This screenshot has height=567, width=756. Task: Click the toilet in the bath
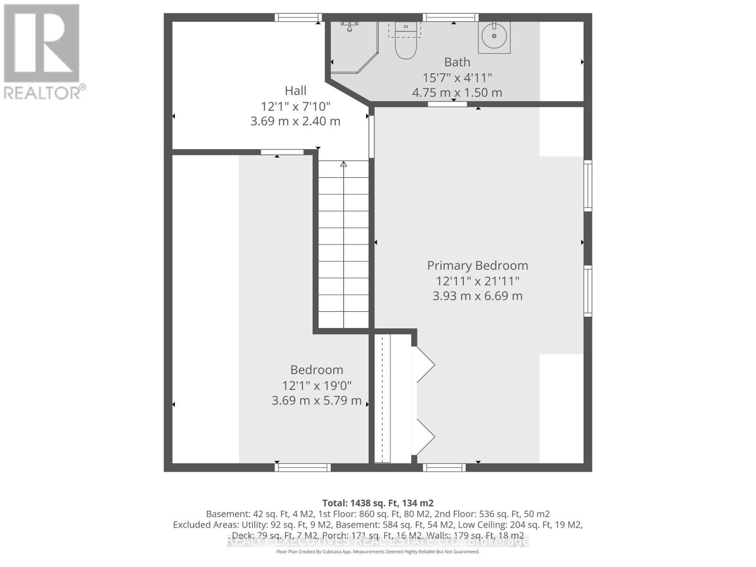click(406, 44)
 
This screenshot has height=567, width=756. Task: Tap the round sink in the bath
click(494, 36)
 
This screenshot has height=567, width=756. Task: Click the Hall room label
click(295, 90)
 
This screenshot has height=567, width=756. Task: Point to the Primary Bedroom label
click(477, 266)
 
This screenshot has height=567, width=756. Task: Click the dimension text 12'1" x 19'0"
click(317, 385)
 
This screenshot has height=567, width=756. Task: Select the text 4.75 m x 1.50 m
click(457, 93)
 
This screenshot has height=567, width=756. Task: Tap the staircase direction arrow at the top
click(344, 164)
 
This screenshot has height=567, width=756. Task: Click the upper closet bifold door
click(424, 364)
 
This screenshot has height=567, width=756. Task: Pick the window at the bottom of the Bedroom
click(303, 467)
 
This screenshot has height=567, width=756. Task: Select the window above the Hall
click(298, 17)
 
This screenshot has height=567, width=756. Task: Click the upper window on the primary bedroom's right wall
click(588, 186)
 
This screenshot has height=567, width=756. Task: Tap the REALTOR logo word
click(45, 93)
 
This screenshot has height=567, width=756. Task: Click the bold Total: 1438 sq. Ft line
click(378, 503)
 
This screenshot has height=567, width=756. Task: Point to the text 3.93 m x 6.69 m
click(477, 296)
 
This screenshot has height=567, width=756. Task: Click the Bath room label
click(457, 62)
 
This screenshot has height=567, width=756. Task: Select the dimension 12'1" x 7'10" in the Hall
click(295, 106)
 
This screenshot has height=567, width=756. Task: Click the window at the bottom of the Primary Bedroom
click(444, 467)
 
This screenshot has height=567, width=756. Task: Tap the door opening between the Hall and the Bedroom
click(282, 152)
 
